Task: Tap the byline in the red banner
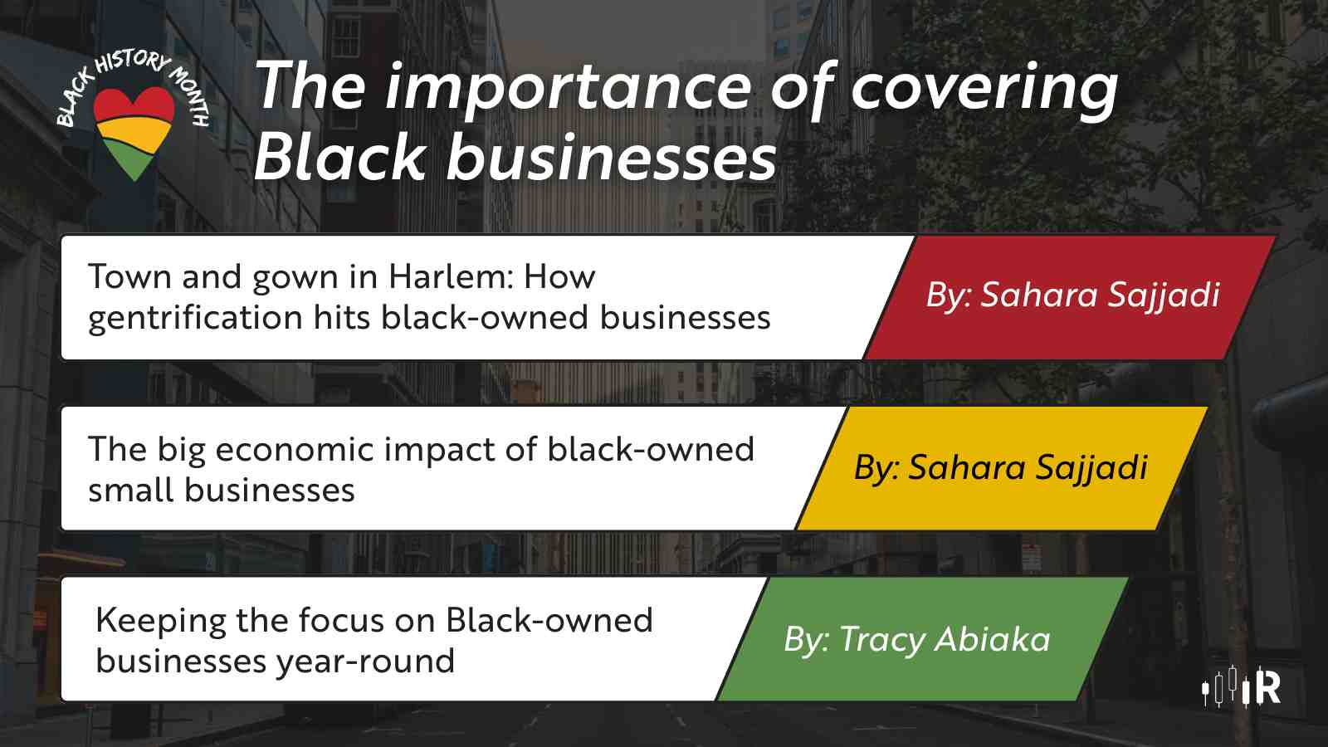1072,295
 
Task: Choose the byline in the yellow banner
1001,467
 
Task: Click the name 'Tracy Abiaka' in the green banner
945,640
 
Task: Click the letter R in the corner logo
1267,688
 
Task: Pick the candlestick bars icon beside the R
1227,688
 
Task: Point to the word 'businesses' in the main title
611,157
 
